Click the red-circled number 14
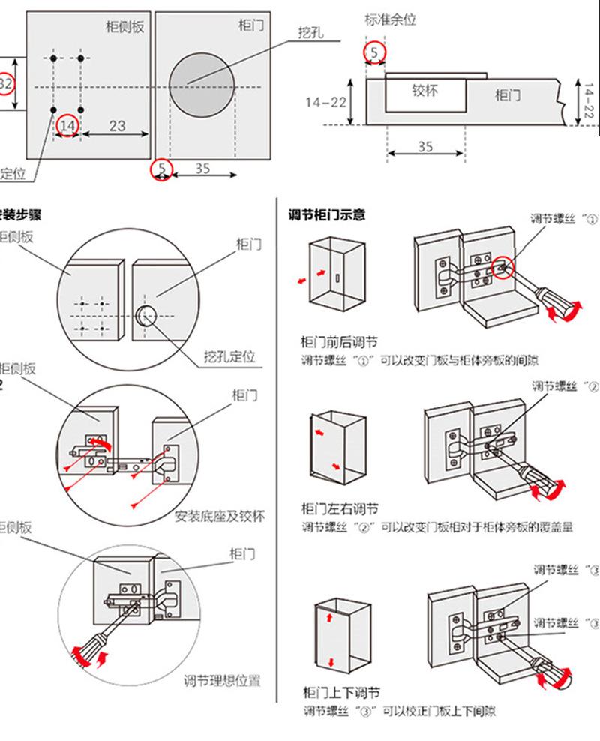(67, 125)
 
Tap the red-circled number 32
(5, 83)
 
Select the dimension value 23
(117, 125)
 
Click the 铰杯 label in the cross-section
(425, 91)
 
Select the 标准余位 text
(390, 20)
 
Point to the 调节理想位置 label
(222, 682)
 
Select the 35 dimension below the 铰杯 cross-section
(425, 147)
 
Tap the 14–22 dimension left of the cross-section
(326, 102)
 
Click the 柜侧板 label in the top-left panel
(124, 27)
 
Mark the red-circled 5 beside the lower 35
(162, 169)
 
